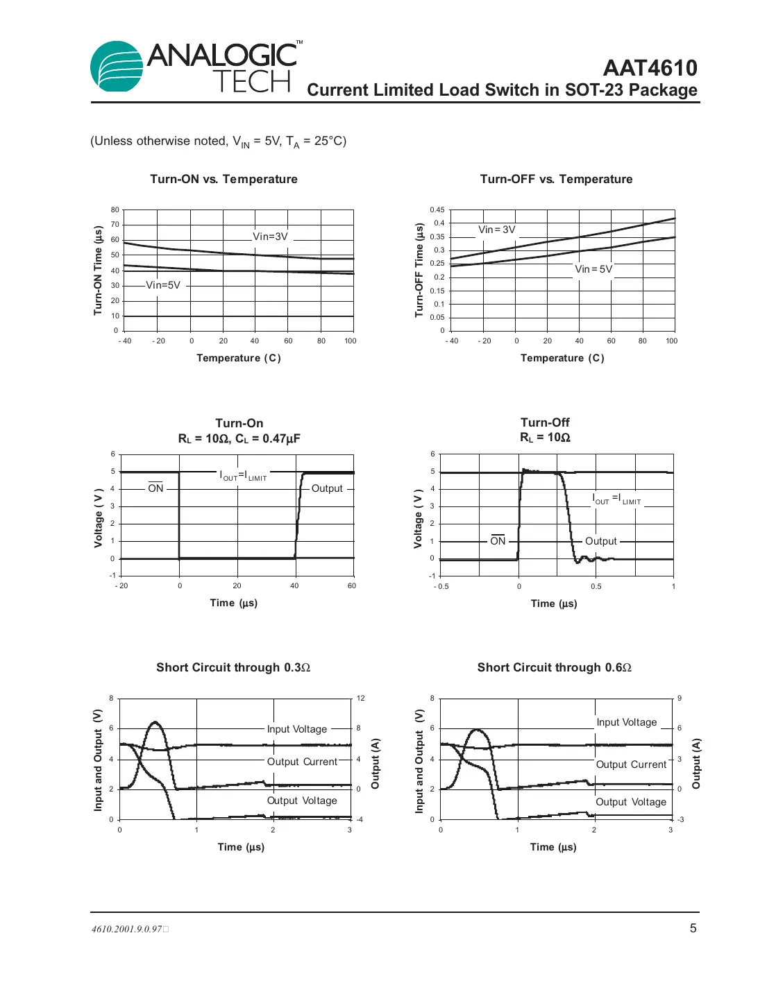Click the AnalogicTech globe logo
click(117, 67)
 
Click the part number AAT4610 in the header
click(650, 68)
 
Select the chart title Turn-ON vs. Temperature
click(224, 179)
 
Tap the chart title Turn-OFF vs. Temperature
click(556, 179)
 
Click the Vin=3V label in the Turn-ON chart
click(270, 237)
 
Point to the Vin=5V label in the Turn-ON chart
click(163, 285)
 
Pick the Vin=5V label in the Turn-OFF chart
click(593, 269)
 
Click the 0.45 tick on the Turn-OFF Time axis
click(437, 209)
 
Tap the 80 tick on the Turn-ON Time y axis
click(115, 209)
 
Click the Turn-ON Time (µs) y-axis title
click(98, 271)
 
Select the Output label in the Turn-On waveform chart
click(327, 488)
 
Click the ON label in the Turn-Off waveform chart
click(498, 541)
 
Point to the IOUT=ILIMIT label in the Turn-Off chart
click(616, 499)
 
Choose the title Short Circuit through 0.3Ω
click(233, 667)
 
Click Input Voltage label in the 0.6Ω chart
click(626, 722)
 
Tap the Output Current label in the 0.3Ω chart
click(302, 762)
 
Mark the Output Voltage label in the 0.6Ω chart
click(630, 802)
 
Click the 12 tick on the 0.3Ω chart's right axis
click(361, 698)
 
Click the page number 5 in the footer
click(693, 928)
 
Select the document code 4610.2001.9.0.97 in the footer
click(127, 929)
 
